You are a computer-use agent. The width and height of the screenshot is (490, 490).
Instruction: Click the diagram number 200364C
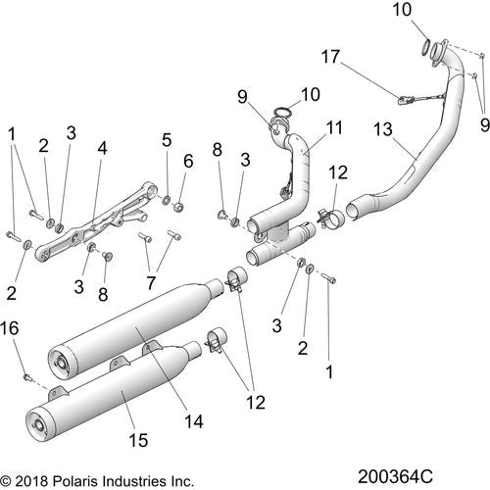click(395, 476)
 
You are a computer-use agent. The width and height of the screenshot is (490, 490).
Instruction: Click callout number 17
click(331, 57)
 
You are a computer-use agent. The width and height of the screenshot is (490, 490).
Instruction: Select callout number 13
click(383, 129)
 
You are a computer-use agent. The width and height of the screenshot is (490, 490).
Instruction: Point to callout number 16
click(10, 328)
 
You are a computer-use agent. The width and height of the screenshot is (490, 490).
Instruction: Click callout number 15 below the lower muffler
click(138, 440)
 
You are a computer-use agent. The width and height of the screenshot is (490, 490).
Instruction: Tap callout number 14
click(194, 421)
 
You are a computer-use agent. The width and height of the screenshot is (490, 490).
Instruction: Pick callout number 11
click(334, 127)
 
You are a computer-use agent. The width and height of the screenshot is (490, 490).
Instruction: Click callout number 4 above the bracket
click(102, 148)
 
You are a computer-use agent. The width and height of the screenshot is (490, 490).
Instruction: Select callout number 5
click(167, 140)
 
